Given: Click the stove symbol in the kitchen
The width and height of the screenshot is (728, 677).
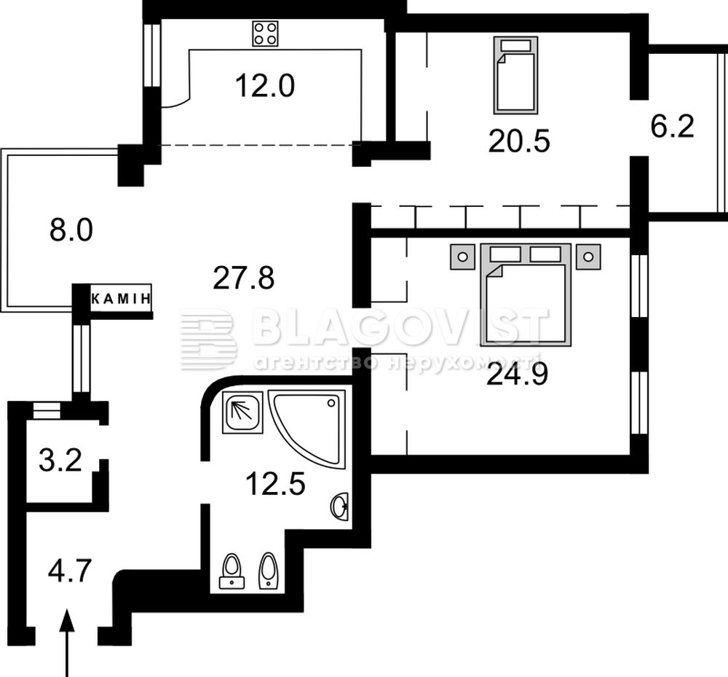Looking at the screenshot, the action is click(265, 34).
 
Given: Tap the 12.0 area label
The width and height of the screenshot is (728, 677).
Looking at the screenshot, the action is click(265, 86).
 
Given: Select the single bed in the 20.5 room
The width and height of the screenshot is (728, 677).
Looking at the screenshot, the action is click(516, 75).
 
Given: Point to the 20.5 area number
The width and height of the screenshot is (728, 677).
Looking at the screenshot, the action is click(519, 141).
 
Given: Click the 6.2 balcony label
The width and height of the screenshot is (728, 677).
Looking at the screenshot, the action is click(672, 126).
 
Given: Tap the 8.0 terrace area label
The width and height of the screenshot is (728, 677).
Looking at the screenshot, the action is click(71, 230).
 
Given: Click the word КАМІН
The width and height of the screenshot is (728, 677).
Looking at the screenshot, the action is click(121, 298).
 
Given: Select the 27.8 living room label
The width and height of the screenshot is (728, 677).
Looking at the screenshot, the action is click(244, 278).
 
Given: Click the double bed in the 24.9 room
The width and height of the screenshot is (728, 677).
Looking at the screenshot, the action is click(526, 294).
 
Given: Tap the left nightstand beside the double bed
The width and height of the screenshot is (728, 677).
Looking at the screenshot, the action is click(462, 257).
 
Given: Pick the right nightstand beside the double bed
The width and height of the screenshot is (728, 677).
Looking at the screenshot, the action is click(588, 257).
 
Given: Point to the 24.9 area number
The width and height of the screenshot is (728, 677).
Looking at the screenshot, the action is click(517, 375).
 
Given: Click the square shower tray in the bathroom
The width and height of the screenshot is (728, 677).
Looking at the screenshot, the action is click(242, 412).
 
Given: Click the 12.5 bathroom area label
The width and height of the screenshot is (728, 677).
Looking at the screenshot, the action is click(275, 483).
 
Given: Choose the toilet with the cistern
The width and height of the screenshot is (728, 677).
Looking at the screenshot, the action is click(232, 571).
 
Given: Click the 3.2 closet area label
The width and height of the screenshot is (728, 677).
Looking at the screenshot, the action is click(60, 461).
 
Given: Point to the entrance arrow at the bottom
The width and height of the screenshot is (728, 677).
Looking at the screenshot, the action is click(68, 643).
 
